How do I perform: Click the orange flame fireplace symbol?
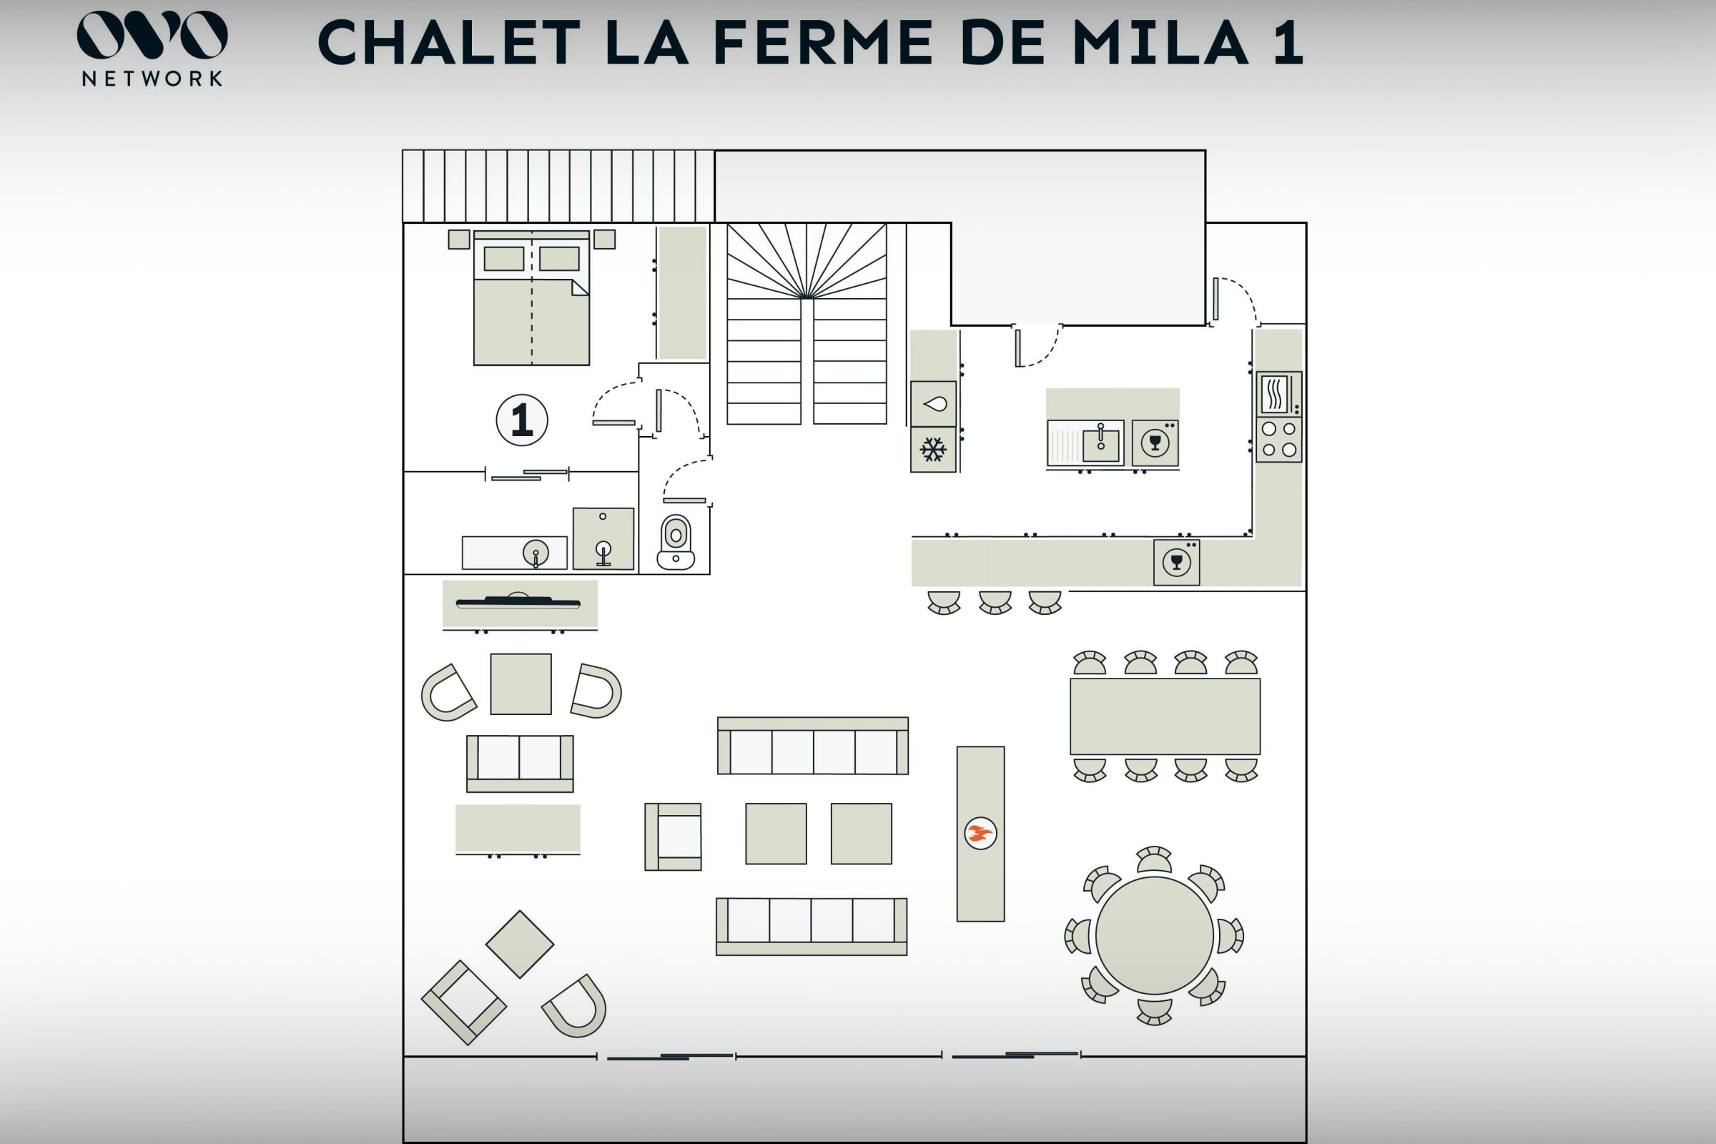click(980, 833)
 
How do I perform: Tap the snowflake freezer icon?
click(933, 450)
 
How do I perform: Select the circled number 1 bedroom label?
click(522, 420)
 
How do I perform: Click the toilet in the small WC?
click(676, 542)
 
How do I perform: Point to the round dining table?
click(1154, 935)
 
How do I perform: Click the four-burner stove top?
click(1279, 440)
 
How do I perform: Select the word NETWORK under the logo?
click(152, 79)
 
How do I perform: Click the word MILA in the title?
click(1160, 42)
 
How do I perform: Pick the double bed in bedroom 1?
click(531, 297)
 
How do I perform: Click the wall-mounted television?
click(518, 602)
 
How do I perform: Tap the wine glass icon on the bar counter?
click(1176, 562)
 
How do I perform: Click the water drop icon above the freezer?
click(935, 403)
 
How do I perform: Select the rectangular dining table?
click(1165, 716)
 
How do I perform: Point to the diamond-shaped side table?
click(520, 944)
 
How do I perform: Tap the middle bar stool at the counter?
click(995, 602)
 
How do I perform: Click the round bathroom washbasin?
click(536, 552)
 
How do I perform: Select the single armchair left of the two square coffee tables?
click(673, 837)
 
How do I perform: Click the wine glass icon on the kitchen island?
click(1155, 443)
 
